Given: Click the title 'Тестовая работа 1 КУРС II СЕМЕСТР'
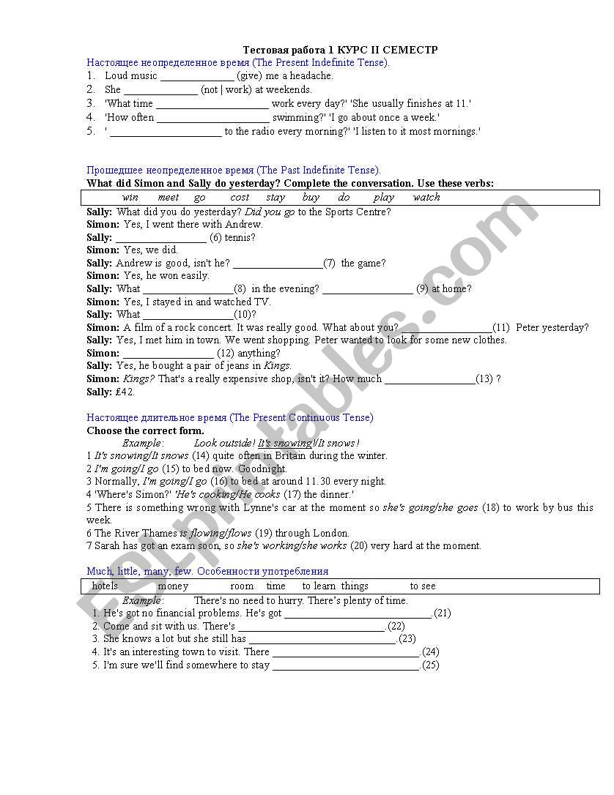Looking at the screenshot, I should (340, 50).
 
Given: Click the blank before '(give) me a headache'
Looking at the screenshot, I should (196, 76).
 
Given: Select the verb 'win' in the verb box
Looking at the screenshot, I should (130, 198).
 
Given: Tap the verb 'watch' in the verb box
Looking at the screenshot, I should (426, 198).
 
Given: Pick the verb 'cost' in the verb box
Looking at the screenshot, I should (240, 198).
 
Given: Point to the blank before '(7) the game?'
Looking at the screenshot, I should (277, 264).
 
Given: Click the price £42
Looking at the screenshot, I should (125, 392).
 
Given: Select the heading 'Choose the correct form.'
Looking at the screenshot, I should (145, 430).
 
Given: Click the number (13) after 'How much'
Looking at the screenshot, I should (484, 379).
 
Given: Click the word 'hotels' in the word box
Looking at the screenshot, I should (105, 586).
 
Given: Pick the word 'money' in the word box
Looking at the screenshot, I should (173, 586).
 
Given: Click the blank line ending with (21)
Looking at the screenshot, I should (358, 614).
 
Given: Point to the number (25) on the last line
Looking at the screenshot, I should (431, 665).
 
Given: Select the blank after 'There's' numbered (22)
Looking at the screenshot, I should (311, 627).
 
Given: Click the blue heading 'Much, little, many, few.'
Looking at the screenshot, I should (138, 571).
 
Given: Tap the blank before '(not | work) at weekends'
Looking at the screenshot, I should (160, 90).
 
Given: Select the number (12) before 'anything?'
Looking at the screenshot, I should (226, 354).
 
